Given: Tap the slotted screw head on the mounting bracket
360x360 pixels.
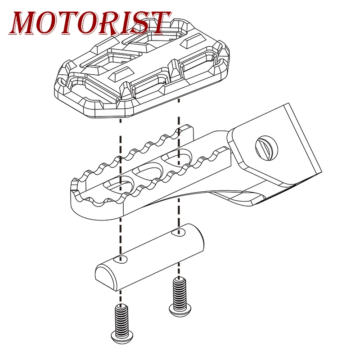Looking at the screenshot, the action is pos(266,148).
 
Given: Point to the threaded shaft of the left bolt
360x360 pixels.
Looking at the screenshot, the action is pos(121,319).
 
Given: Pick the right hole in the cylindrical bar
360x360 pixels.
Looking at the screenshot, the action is pos(178,232).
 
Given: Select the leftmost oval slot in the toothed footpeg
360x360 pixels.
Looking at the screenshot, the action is pos(118,184).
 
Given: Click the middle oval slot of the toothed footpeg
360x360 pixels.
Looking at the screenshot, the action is pos(148,170).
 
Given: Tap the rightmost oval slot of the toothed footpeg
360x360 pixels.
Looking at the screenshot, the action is pos(177,157).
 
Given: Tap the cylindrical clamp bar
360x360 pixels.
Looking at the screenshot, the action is pos(149,257).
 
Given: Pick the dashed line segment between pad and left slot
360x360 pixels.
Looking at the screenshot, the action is pos(120,149).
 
